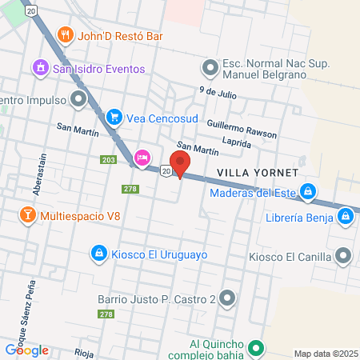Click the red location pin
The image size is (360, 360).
(x=180, y=163)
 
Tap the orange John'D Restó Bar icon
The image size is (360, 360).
(x=66, y=36)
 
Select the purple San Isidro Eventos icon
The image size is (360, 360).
(x=39, y=69)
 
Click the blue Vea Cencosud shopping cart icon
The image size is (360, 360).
(x=115, y=118)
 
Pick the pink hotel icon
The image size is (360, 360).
(x=142, y=157)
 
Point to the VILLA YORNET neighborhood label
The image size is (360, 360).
(x=258, y=173)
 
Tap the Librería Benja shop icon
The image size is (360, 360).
(x=345, y=216)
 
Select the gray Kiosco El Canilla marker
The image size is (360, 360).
(x=344, y=256)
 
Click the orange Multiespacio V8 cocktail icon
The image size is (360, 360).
(x=26, y=215)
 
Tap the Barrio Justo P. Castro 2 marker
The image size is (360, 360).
(x=228, y=299)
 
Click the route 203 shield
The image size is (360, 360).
(x=109, y=160)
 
